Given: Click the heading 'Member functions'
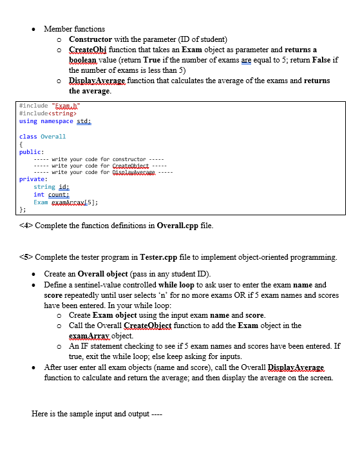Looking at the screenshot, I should (x=74, y=29).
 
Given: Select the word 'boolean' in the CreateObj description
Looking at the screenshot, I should (x=86, y=60).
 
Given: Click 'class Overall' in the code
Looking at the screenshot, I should (x=43, y=137).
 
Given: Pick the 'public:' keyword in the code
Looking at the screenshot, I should (x=31, y=152).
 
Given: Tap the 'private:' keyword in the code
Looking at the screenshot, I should (x=33, y=179).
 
